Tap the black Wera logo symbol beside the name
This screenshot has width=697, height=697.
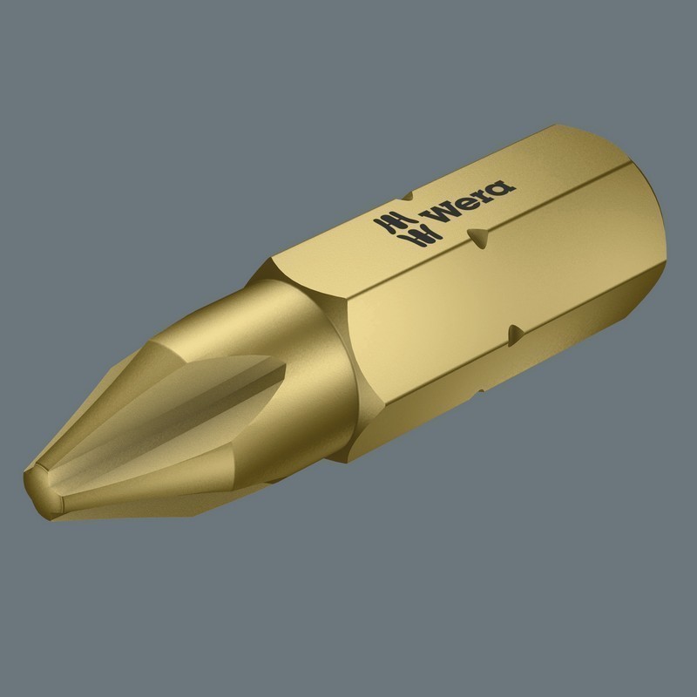click(396, 229)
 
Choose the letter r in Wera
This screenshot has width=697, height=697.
click(483, 193)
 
